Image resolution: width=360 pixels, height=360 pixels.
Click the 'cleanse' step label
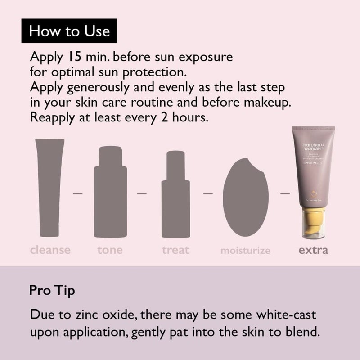[x=50, y=250]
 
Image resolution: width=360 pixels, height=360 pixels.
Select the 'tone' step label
[x=110, y=250]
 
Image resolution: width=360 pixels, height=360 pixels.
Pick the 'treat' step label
[x=176, y=250]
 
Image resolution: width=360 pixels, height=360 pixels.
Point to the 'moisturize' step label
[x=245, y=250]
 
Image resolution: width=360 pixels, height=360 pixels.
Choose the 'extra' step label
[x=313, y=250]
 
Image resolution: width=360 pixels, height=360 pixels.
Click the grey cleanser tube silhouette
[x=49, y=187]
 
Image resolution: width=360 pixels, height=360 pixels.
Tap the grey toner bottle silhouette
[x=110, y=189]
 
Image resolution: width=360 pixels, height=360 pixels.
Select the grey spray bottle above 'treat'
[x=176, y=193]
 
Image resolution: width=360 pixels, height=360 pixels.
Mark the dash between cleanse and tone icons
[x=79, y=194]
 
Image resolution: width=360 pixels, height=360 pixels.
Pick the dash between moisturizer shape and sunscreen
[x=284, y=194]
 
